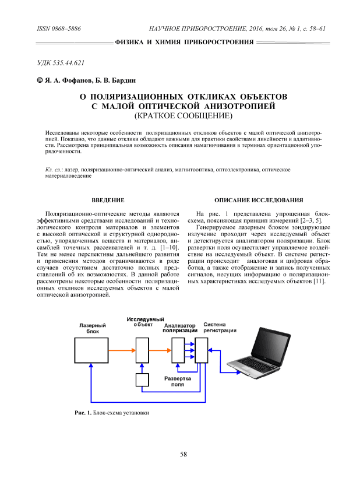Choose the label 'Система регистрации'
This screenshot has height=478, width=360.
[x=220, y=328]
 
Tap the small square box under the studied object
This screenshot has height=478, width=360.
[x=143, y=380]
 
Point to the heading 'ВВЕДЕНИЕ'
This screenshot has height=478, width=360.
[x=108, y=201]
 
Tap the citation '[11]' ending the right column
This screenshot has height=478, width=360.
[x=319, y=282]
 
